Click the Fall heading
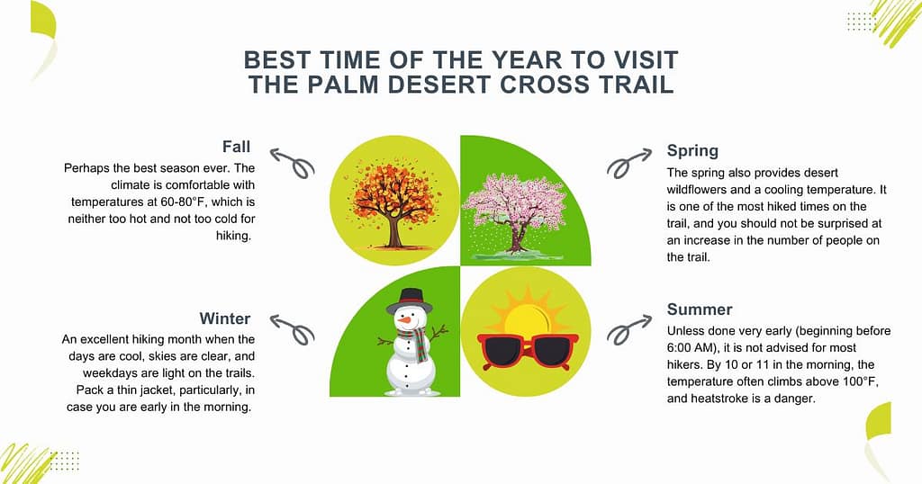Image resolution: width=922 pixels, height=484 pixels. (235, 146)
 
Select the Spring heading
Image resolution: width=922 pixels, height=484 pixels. (692, 150)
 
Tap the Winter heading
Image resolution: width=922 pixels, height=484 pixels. (224, 318)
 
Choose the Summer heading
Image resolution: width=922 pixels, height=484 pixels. (700, 309)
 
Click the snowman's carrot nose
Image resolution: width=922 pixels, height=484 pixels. (408, 319)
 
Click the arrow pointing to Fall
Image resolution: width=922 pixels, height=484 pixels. (291, 162)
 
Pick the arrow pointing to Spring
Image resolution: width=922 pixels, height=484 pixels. (628, 162)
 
